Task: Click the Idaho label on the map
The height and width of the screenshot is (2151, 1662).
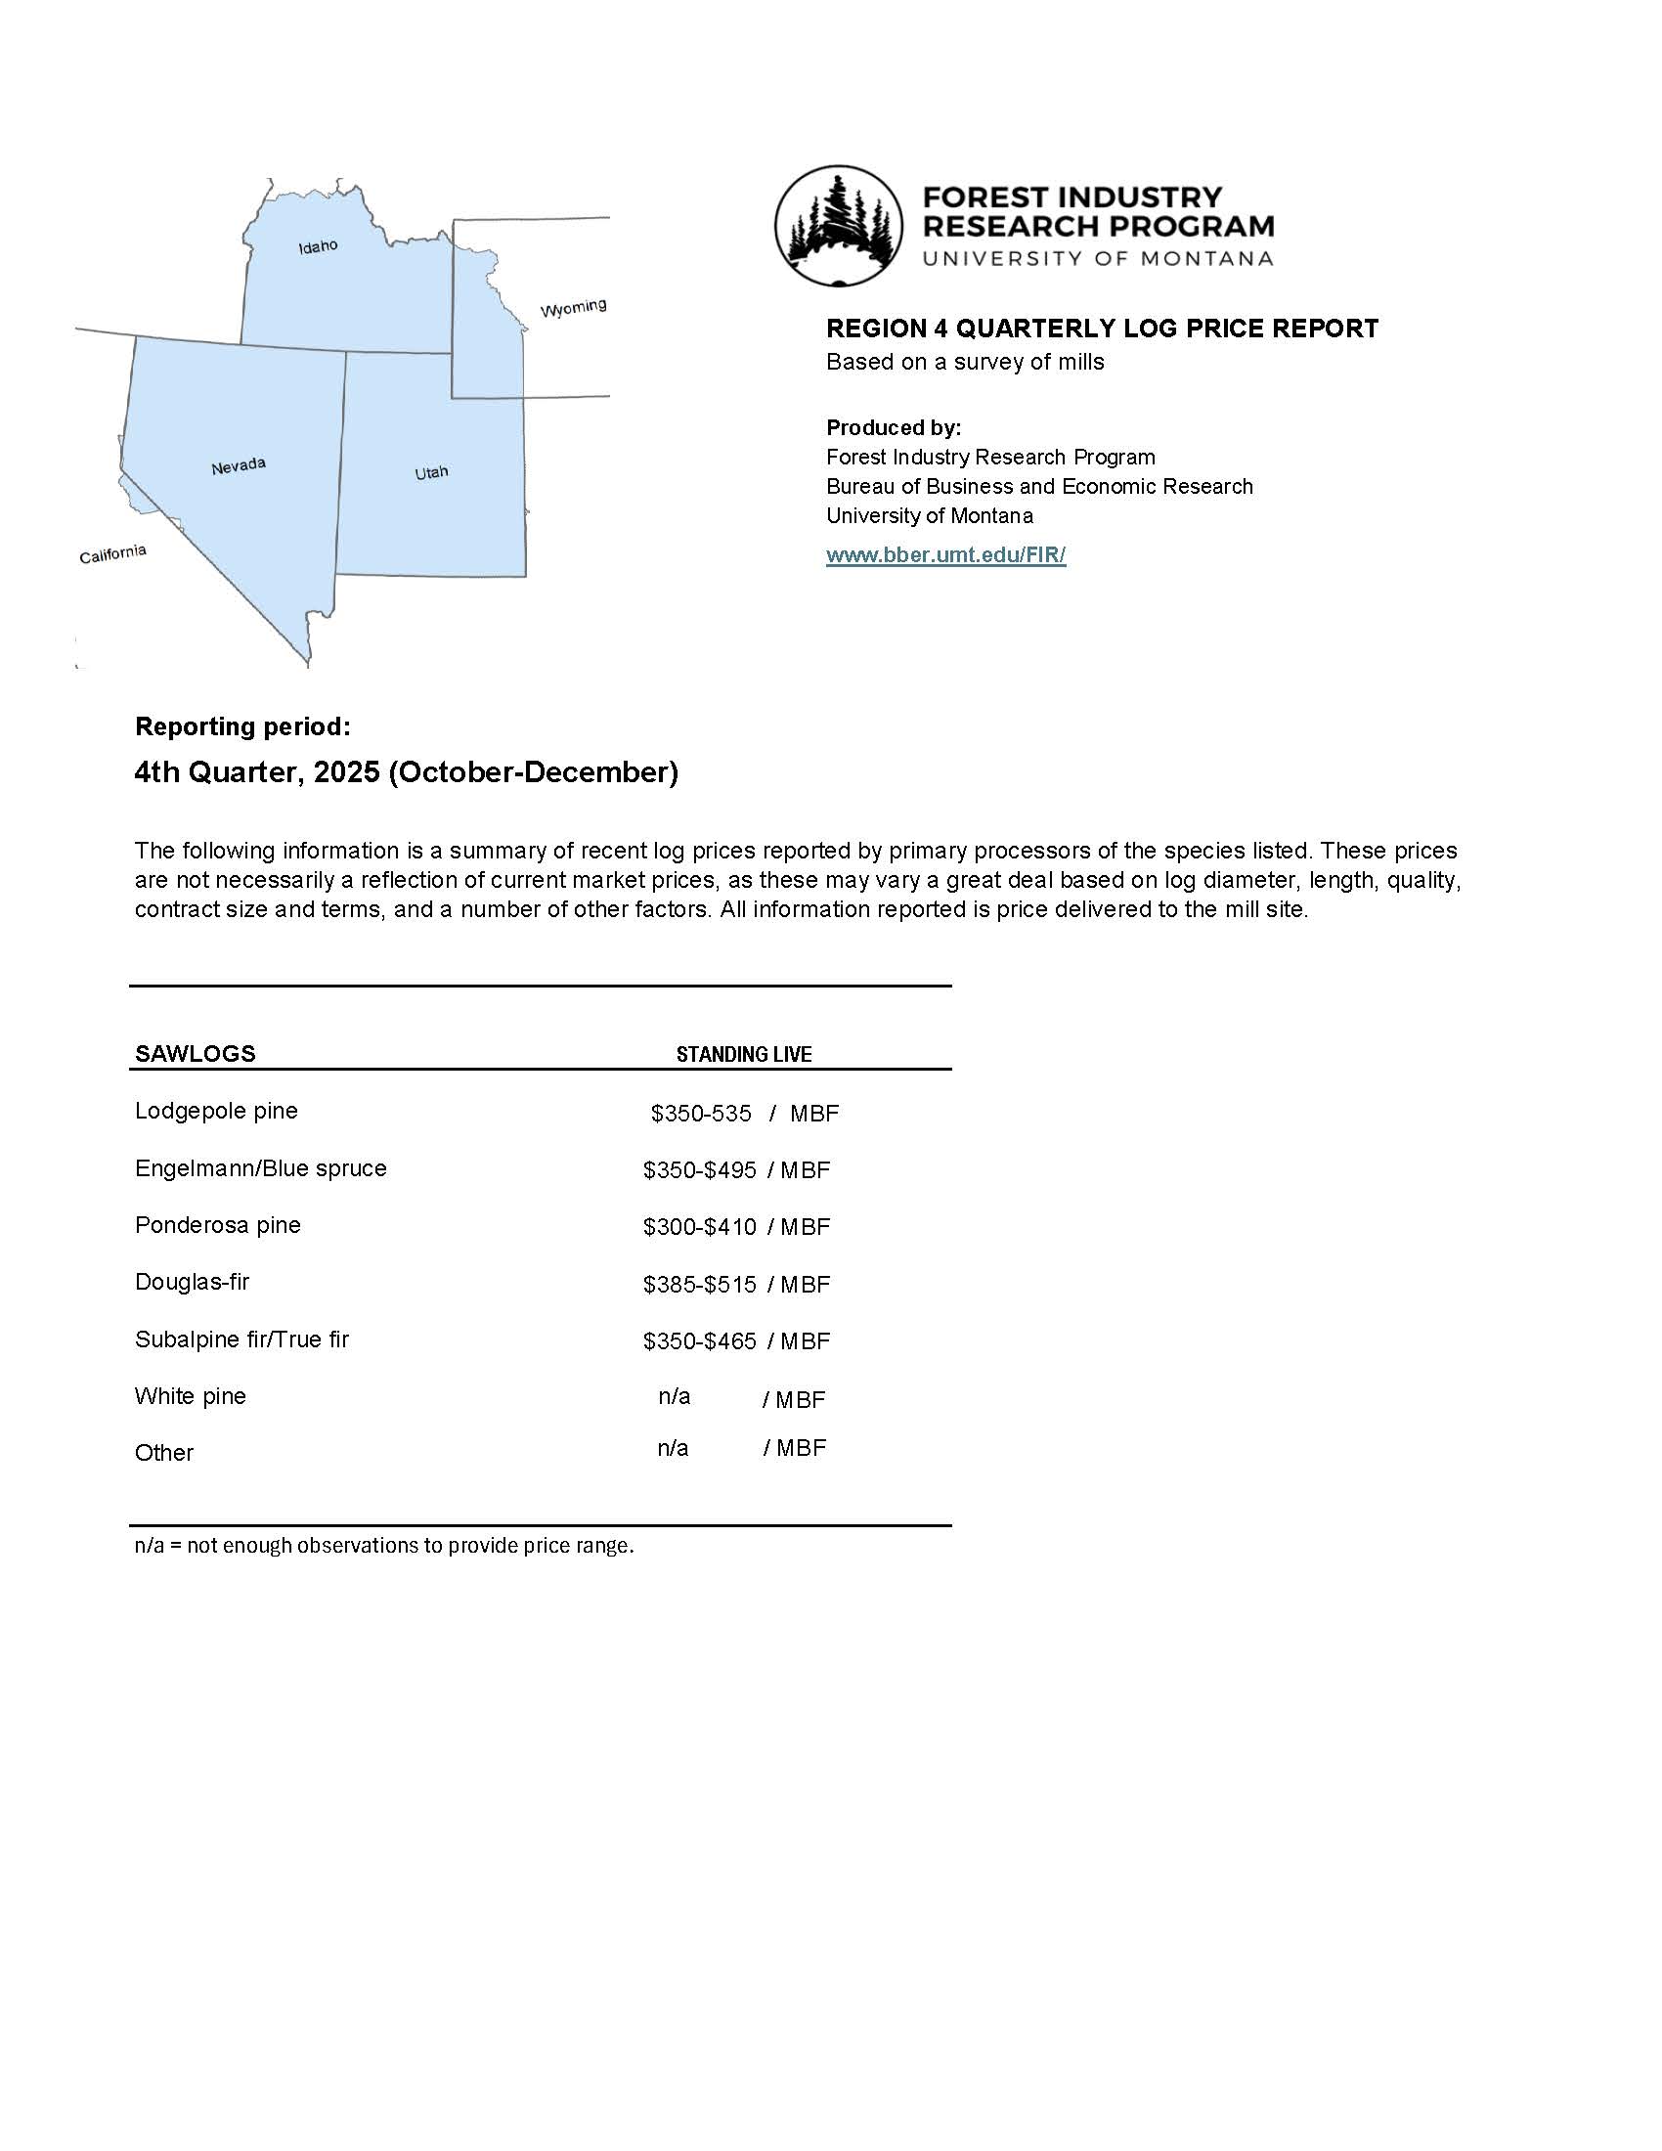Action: point(318,246)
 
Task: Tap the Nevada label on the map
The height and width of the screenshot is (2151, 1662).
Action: point(239,464)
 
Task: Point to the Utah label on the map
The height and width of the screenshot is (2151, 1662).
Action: point(431,473)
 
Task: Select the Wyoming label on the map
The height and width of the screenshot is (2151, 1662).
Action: point(573,308)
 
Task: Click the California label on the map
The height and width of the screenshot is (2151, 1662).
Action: point(112,554)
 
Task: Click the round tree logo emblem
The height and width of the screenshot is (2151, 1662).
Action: point(838,226)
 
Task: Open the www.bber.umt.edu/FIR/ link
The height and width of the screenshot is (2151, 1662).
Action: point(945,554)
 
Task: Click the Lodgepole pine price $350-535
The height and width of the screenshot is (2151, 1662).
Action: point(700,1113)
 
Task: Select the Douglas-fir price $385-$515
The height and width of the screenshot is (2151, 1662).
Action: point(699,1285)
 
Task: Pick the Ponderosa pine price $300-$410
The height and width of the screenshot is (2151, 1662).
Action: point(699,1227)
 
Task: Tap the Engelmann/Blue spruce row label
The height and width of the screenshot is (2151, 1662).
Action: point(261,1168)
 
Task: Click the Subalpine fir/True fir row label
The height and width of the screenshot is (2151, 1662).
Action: point(242,1339)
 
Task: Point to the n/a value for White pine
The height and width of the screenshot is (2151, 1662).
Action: point(675,1396)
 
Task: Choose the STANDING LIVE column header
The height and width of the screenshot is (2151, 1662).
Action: point(743,1055)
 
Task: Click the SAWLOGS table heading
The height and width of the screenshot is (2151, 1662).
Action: point(195,1054)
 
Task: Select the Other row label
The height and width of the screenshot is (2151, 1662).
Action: point(164,1453)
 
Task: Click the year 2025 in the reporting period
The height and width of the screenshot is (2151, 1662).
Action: point(347,772)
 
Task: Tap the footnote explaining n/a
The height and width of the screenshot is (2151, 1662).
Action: point(384,1545)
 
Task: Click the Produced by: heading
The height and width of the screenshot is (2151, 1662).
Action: point(893,427)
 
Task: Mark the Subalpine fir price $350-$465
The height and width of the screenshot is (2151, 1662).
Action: point(699,1341)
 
